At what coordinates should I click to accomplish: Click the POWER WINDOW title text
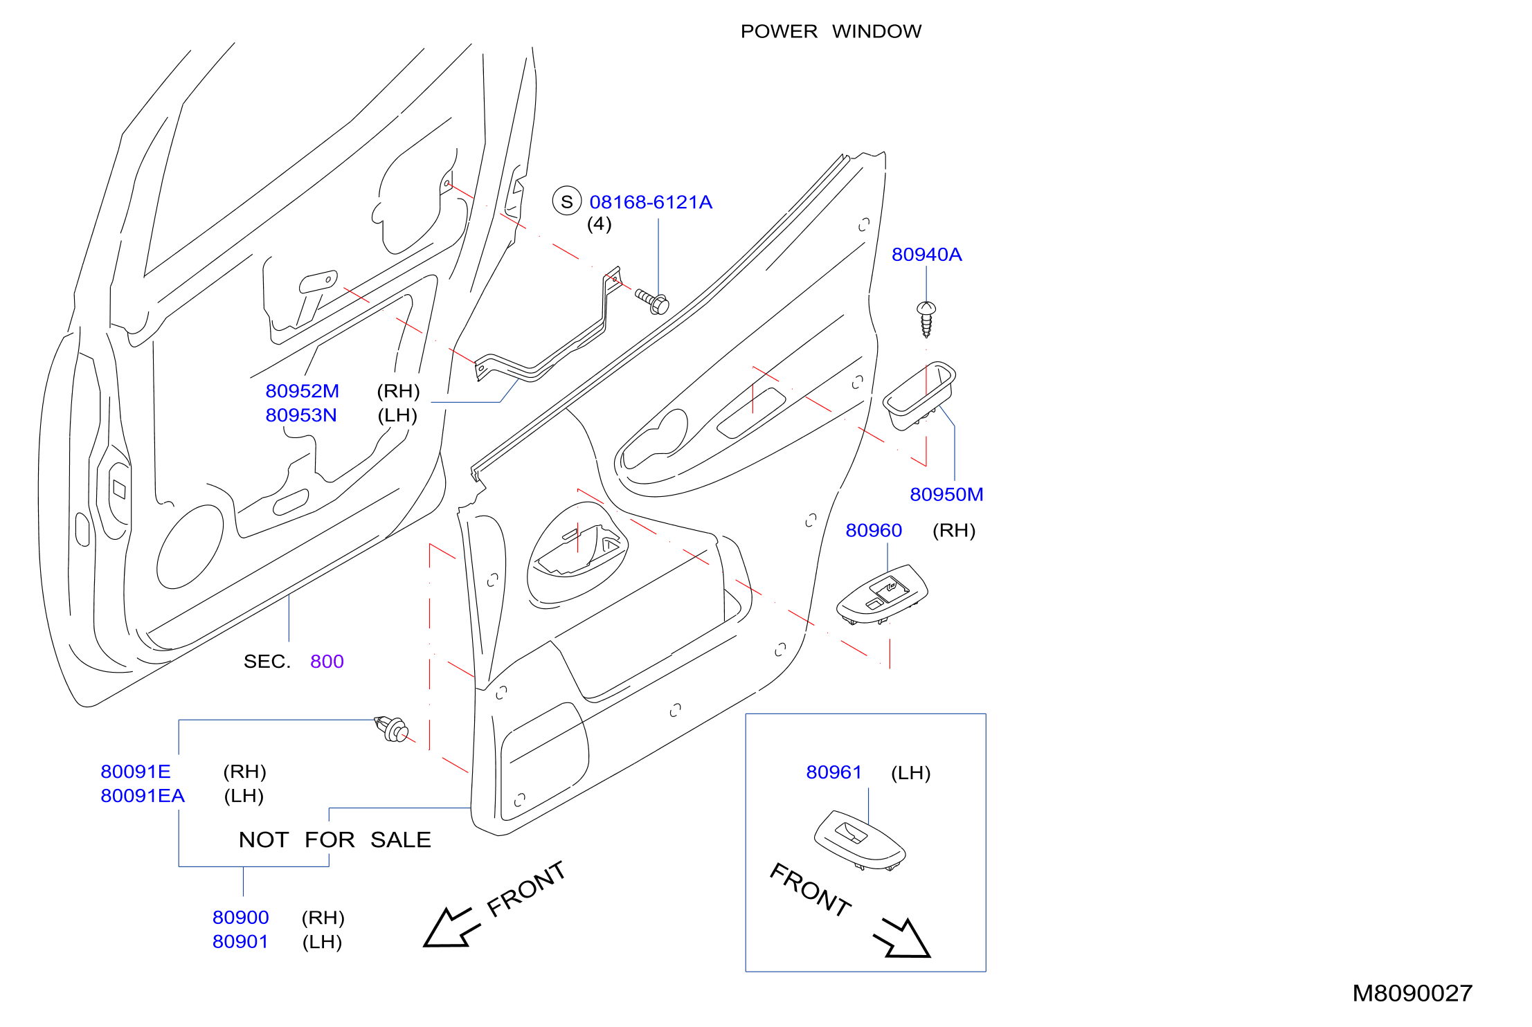[x=831, y=31]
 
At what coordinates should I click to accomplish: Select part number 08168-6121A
[x=651, y=202]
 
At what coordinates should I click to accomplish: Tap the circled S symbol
[x=566, y=201]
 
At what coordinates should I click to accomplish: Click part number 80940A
[x=926, y=255]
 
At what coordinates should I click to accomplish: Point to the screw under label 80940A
[x=926, y=318]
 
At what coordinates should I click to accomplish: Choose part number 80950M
[x=946, y=494]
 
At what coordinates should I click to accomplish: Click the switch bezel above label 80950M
[x=919, y=395]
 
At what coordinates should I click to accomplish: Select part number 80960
[x=874, y=530]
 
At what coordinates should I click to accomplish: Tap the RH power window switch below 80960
[x=882, y=594]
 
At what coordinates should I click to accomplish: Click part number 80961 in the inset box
[x=834, y=772]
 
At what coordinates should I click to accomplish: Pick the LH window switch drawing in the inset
[x=860, y=839]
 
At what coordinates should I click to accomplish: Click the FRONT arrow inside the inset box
[x=903, y=938]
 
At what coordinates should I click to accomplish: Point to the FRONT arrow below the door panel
[x=452, y=927]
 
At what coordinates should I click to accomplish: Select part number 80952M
[x=303, y=391]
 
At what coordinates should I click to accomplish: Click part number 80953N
[x=301, y=415]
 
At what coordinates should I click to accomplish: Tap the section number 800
[x=327, y=662]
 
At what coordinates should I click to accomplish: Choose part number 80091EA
[x=143, y=796]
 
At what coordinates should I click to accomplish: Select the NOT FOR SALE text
[x=335, y=839]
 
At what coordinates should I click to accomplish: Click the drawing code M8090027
[x=1412, y=993]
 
